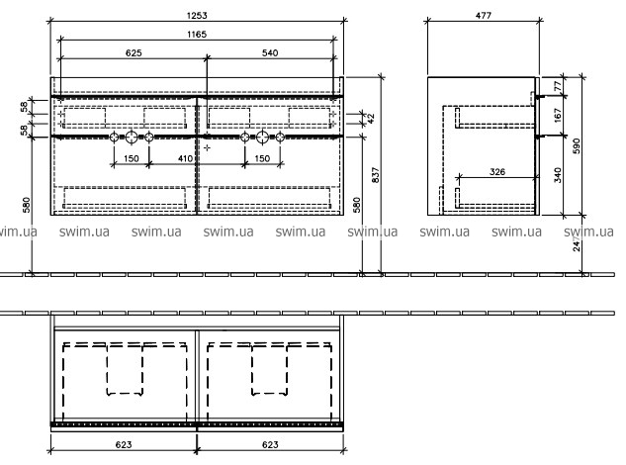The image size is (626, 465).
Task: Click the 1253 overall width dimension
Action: (197, 16)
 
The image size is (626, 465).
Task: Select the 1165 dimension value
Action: (197, 35)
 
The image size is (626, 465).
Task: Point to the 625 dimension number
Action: (134, 52)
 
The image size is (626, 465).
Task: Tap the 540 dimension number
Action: (270, 52)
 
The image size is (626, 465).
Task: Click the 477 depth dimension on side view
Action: (483, 16)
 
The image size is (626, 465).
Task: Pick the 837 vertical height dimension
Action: (375, 175)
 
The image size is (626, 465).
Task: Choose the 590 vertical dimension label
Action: (577, 146)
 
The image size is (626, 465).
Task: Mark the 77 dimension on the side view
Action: (558, 85)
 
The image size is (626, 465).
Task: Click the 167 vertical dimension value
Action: (558, 115)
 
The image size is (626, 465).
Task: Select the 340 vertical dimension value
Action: (558, 175)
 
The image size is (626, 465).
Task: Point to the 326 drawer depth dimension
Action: (497, 172)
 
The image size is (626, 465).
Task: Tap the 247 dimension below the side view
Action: (577, 243)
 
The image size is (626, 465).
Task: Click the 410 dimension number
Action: (185, 158)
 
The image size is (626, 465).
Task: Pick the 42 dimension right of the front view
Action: (371, 119)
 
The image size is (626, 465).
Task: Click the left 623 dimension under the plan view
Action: (124, 444)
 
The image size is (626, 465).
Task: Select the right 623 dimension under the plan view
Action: (270, 444)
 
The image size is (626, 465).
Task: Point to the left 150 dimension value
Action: (131, 158)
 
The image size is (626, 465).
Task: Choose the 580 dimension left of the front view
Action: (27, 205)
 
